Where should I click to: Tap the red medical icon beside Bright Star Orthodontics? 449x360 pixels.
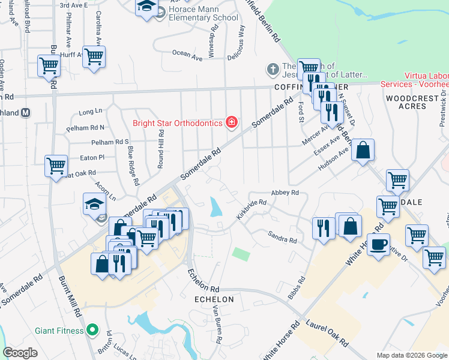(x=231, y=124)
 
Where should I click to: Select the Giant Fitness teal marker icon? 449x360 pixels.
(x=92, y=329)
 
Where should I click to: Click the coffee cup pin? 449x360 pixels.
(x=378, y=245)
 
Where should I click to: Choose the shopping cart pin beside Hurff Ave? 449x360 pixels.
(x=94, y=57)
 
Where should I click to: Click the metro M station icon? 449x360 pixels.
(x=26, y=112)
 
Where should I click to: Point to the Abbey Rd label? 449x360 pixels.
(x=285, y=193)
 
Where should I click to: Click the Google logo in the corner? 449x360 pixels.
(x=20, y=353)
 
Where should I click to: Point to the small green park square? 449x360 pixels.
(x=241, y=254)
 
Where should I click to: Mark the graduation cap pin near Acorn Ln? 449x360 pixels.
(x=94, y=205)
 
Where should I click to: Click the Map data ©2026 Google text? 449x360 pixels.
(x=412, y=355)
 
